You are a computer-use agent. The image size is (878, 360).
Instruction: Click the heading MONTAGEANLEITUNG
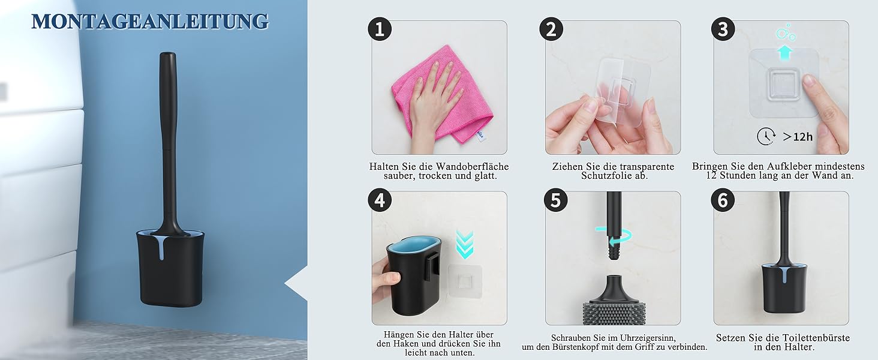pos(150,22)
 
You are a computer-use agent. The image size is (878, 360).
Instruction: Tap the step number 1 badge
pos(380,29)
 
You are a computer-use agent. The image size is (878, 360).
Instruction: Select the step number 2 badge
pos(551,29)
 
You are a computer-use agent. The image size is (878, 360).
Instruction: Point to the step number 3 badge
pos(723,29)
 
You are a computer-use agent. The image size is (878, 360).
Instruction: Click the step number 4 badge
pos(380,200)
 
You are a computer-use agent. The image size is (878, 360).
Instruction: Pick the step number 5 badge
pos(556,200)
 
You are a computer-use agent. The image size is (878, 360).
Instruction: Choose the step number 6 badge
pos(723,200)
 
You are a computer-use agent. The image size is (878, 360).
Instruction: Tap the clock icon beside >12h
pos(766,136)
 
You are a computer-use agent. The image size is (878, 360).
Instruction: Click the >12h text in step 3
pos(798,137)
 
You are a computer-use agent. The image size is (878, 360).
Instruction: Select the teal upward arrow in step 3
pos(784,53)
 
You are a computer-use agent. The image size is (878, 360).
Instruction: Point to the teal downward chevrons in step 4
pos(465,244)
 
